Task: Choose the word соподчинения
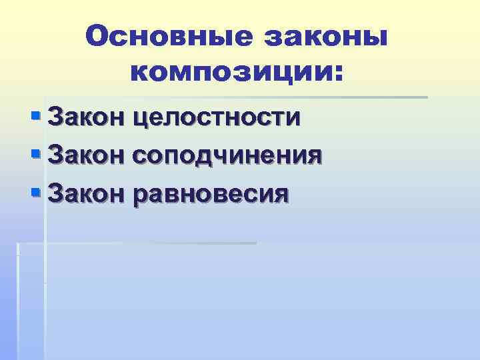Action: [x=229, y=156]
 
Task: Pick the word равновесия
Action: [x=211, y=193]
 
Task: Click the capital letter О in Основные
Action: [x=97, y=37]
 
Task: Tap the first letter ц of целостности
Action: [x=141, y=119]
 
